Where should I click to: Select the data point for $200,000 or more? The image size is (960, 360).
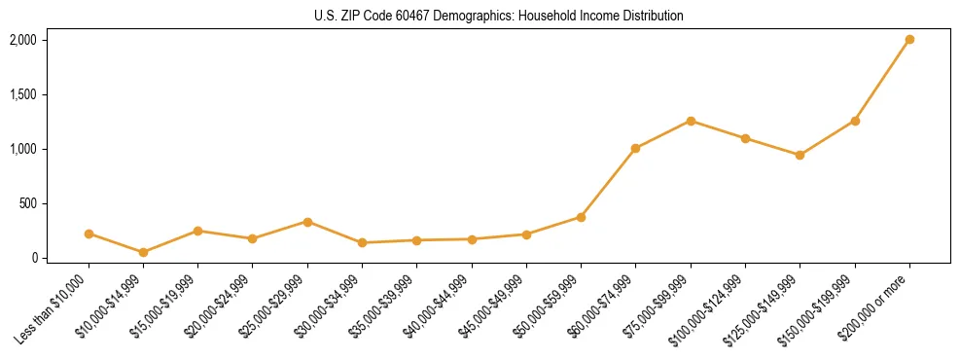[909, 40]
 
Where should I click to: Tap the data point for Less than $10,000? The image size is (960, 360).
[89, 234]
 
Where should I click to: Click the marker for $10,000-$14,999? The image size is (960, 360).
[143, 252]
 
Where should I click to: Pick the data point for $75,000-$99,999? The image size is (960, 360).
[691, 121]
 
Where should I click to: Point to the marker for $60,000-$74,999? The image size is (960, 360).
[635, 149]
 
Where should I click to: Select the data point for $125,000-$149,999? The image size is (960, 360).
[800, 155]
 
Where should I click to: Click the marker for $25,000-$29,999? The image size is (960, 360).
[307, 222]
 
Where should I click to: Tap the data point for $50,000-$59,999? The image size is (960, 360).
[581, 217]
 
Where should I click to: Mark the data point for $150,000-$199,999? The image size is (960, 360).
[855, 121]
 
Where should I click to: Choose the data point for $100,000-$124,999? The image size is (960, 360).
[745, 138]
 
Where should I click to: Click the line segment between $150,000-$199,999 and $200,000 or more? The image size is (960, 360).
[882, 81]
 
